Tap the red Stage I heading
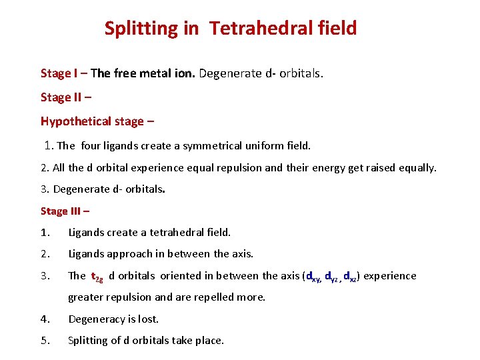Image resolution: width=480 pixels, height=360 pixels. (59, 73)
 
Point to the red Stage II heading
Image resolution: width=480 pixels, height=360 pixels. (61, 97)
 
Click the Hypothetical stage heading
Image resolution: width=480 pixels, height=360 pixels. (92, 121)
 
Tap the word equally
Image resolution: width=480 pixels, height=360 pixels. (416, 168)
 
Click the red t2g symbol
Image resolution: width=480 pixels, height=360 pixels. (97, 277)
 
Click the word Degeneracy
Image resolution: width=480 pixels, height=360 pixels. (99, 319)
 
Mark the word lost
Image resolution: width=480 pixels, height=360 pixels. (147, 319)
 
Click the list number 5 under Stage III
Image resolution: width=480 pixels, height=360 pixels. (44, 341)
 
